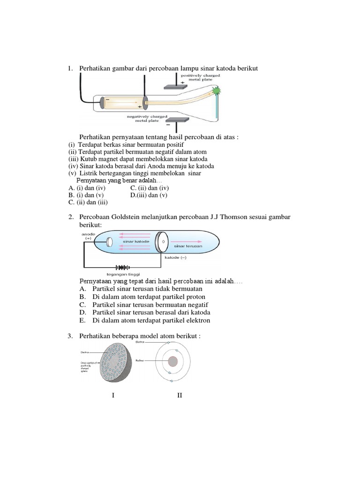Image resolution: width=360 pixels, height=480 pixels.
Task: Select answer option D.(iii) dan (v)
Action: [x=149, y=195]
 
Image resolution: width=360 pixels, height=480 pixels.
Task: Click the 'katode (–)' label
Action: [x=176, y=258]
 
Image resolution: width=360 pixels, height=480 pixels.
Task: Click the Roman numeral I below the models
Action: [x=113, y=396]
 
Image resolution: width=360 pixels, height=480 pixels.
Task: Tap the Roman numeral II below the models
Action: [x=180, y=396]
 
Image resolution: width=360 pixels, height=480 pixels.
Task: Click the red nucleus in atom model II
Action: [x=173, y=361]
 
